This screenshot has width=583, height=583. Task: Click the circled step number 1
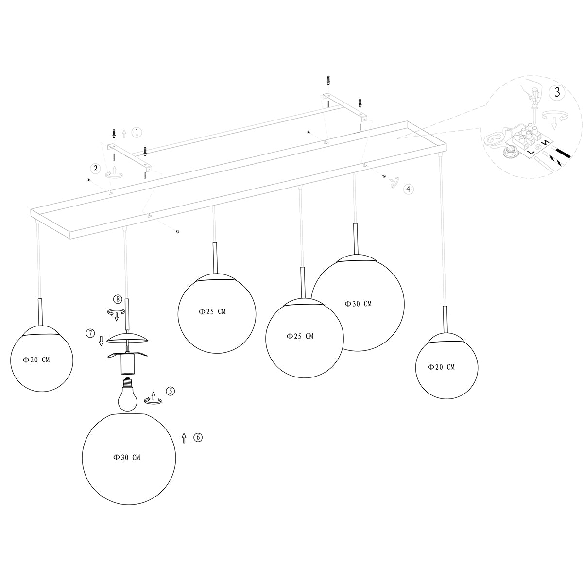[x=137, y=132]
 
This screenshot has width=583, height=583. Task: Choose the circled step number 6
[x=197, y=437]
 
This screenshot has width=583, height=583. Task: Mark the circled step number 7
[x=90, y=333]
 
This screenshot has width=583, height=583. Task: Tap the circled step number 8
[x=117, y=299]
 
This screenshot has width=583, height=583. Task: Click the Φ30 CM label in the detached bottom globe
[x=127, y=457]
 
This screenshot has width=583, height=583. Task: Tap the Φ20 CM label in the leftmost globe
[x=36, y=360]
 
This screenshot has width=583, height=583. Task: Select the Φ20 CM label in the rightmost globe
[x=441, y=367]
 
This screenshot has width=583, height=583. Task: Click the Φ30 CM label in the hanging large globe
[x=358, y=304]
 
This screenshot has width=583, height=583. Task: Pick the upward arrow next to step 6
[x=184, y=438]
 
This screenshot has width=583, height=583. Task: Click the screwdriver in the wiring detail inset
[x=534, y=100]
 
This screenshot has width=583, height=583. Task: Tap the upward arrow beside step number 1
[x=124, y=132]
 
